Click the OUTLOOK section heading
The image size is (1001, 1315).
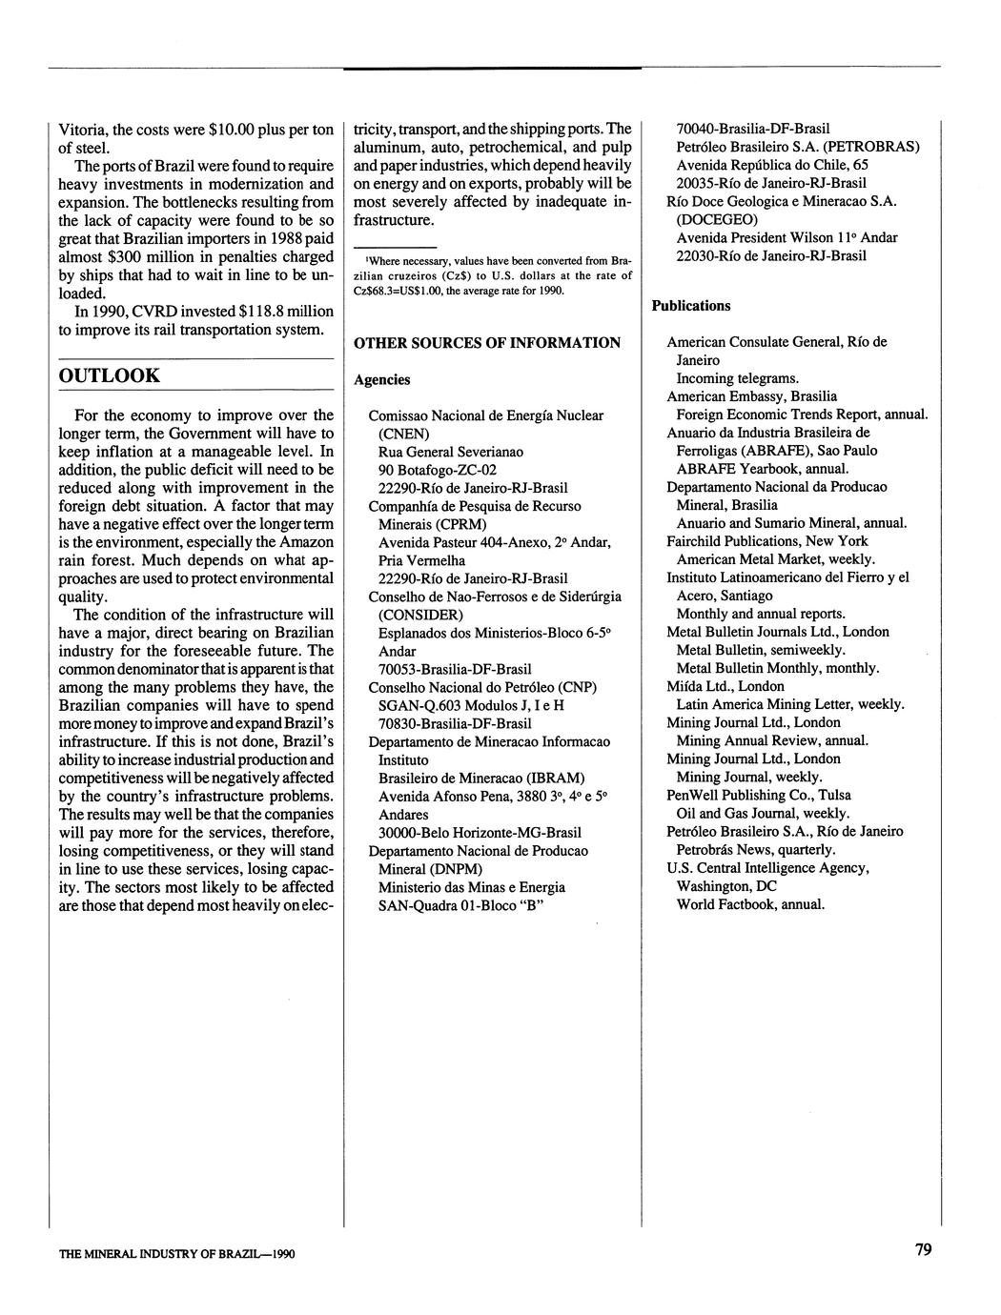[x=110, y=375]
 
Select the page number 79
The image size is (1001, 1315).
[x=923, y=1250]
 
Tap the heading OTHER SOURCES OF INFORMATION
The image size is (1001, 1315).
[x=487, y=343]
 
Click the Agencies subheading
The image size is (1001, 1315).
[x=382, y=379]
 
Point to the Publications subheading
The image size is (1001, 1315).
[x=691, y=306]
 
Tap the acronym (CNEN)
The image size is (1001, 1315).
[x=404, y=434]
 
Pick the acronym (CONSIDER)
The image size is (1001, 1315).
[x=420, y=615]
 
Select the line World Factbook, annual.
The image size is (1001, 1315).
[x=750, y=904]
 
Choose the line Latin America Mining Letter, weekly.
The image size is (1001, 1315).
[x=790, y=704]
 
